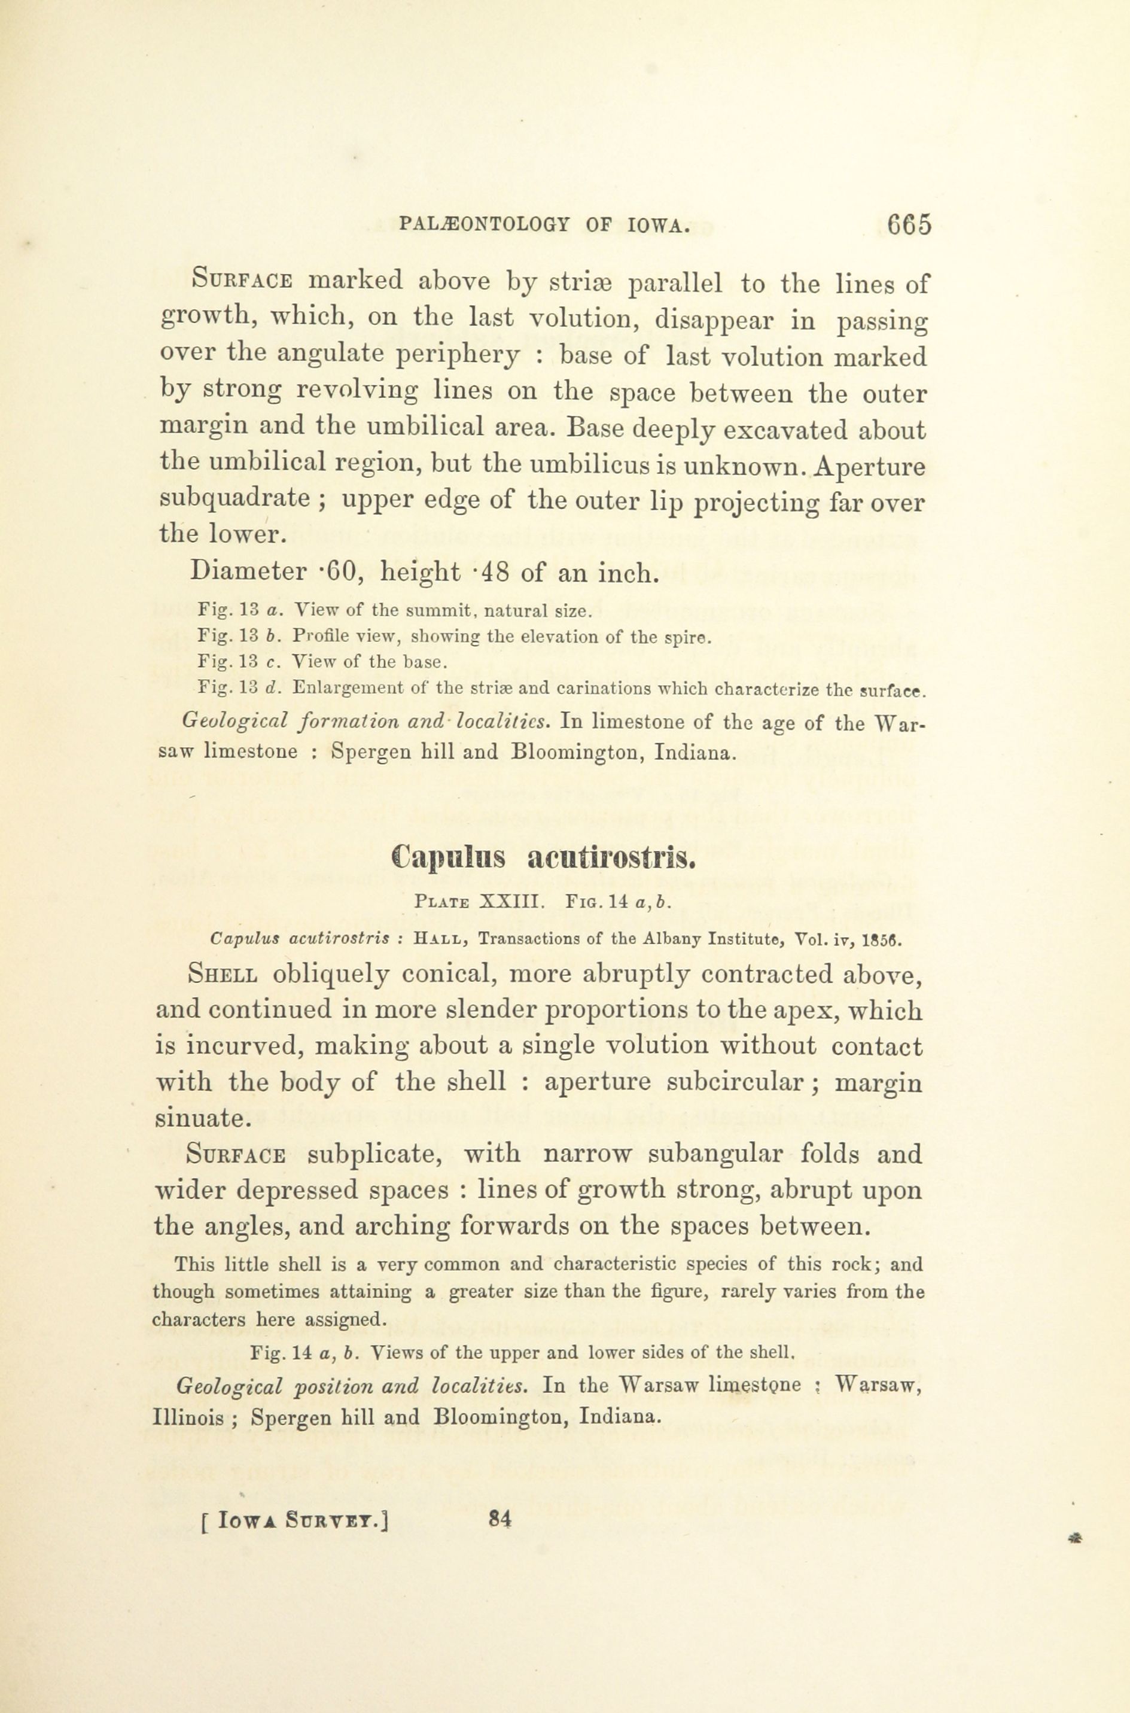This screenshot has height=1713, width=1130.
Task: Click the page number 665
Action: (x=909, y=226)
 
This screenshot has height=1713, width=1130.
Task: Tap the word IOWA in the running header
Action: (x=657, y=226)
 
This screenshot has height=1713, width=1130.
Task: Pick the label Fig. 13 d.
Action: (x=239, y=687)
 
